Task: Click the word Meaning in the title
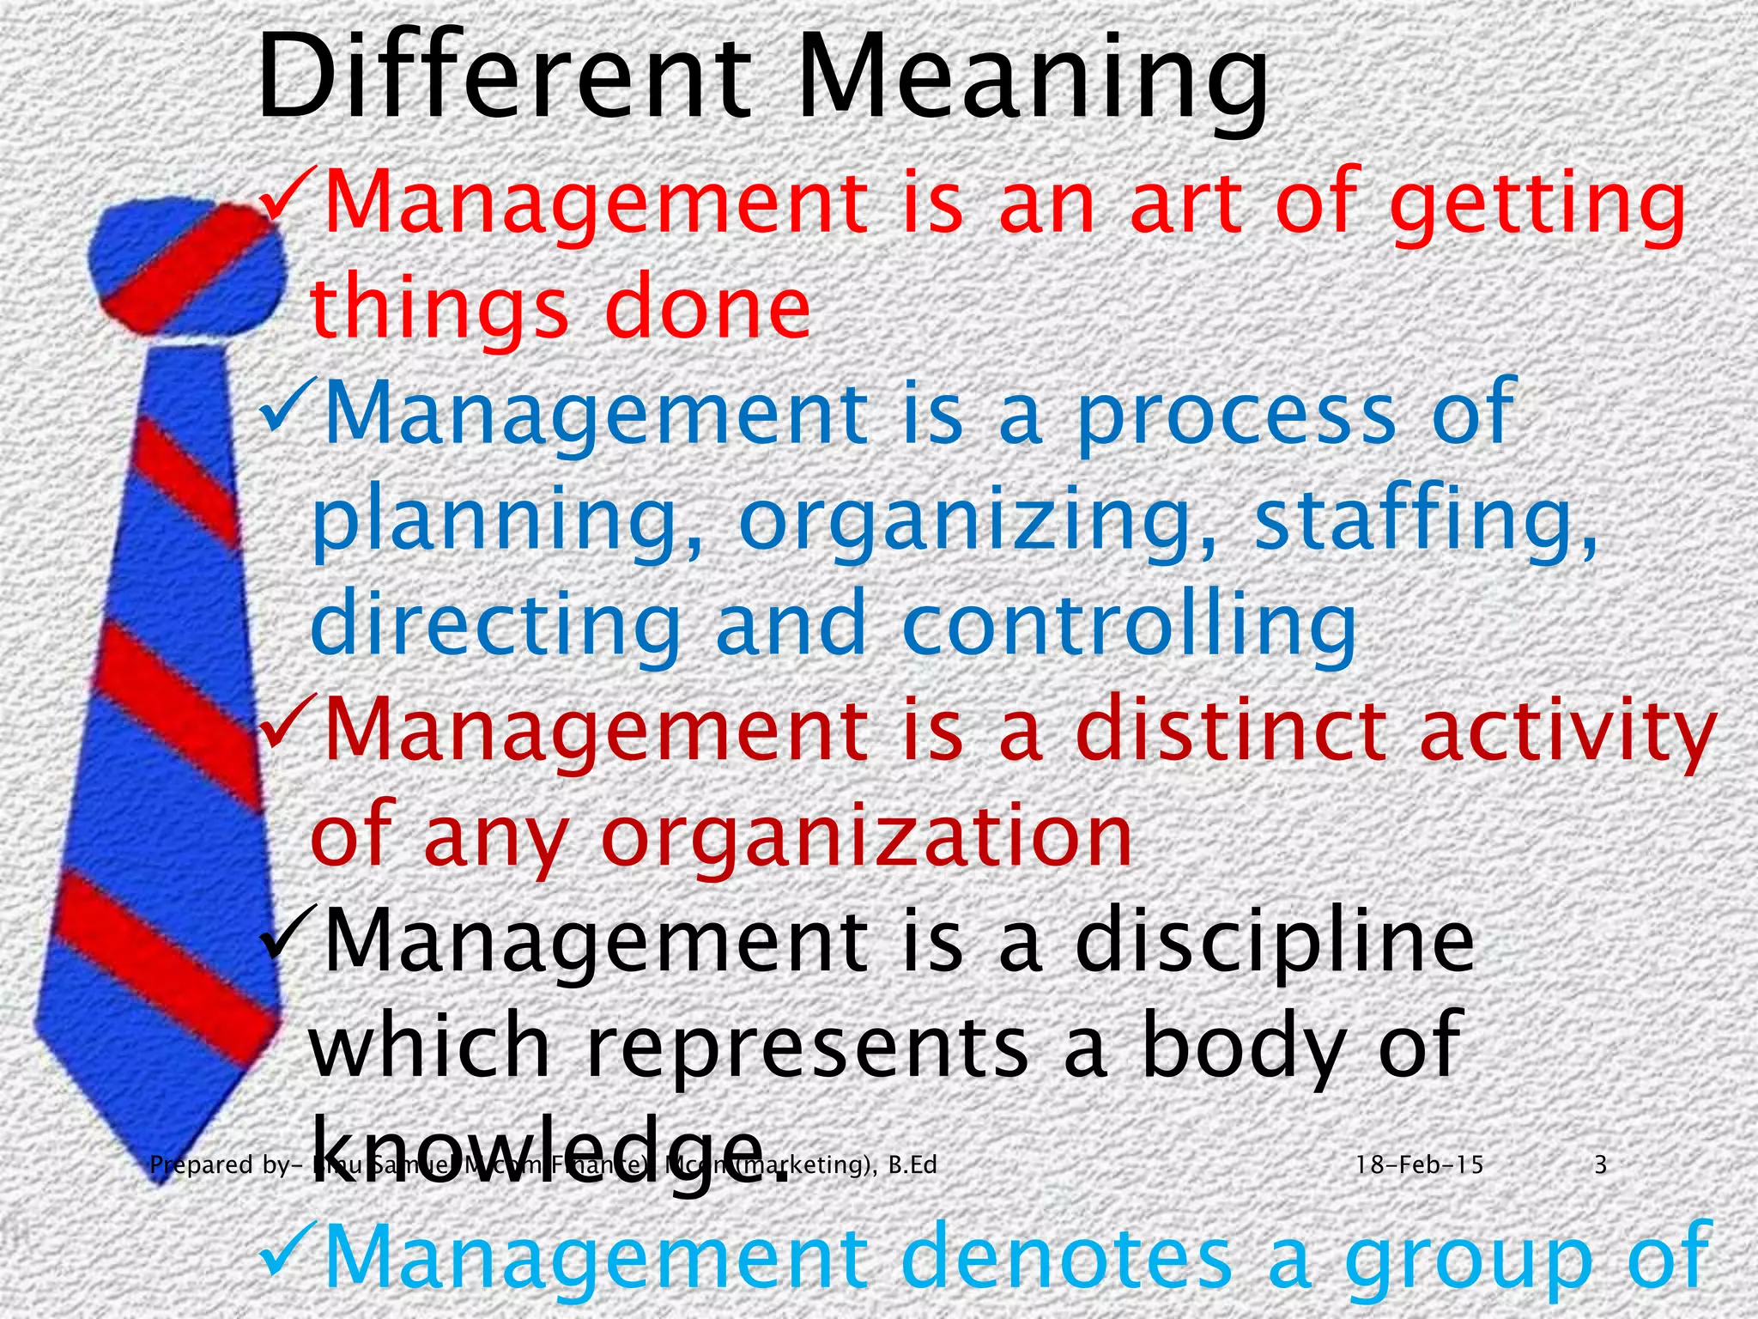(1034, 82)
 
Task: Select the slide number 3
(1600, 1165)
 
